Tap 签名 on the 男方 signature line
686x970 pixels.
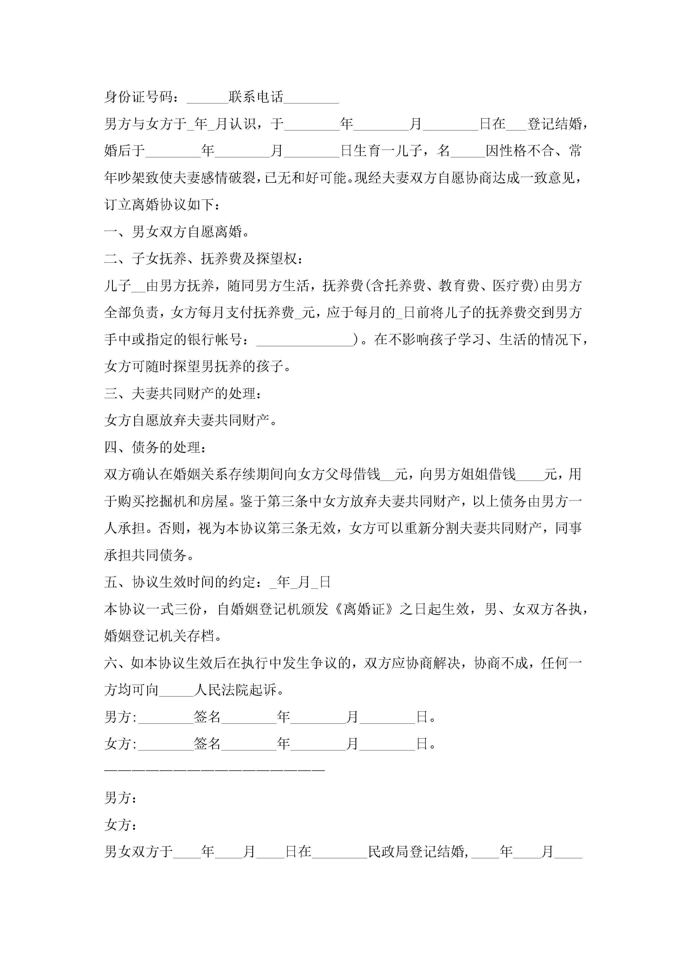(x=207, y=717)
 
